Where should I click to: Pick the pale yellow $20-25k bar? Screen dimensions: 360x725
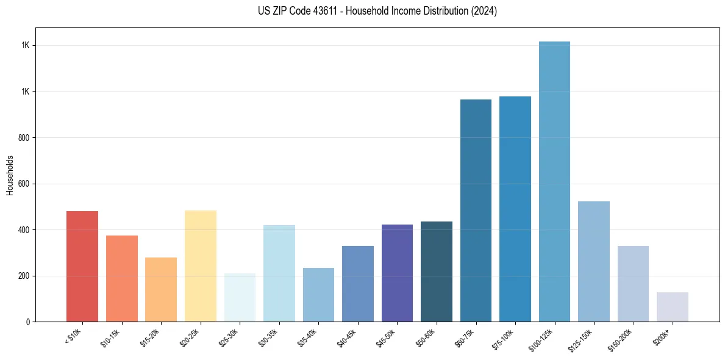(x=200, y=266)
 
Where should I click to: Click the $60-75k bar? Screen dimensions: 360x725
(x=476, y=211)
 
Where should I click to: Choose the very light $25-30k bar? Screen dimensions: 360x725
(x=240, y=298)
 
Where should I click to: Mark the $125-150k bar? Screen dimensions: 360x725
(x=593, y=261)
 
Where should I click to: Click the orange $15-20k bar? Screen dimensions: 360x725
(x=161, y=289)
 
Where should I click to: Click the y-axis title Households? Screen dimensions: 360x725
(x=10, y=175)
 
